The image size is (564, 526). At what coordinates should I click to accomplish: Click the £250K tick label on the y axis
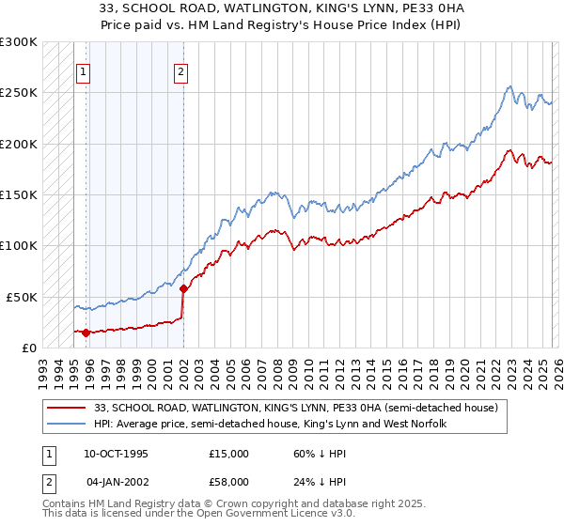(x=19, y=93)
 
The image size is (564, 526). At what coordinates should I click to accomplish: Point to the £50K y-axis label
(x=22, y=297)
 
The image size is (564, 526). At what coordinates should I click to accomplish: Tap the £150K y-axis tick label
(x=19, y=195)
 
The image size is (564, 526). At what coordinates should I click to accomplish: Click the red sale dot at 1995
(x=86, y=332)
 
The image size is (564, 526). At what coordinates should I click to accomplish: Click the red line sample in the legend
(x=68, y=408)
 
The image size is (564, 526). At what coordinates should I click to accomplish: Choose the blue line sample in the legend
(x=68, y=425)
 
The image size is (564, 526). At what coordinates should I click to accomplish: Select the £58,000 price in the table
(x=228, y=481)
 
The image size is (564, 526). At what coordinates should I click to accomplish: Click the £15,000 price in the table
(x=228, y=453)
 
